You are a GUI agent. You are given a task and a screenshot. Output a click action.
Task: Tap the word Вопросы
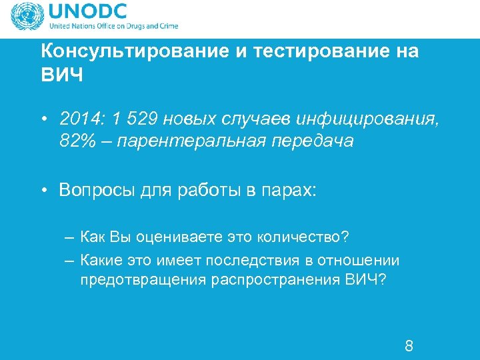pos(96,191)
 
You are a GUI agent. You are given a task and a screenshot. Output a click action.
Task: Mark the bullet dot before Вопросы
pos(43,191)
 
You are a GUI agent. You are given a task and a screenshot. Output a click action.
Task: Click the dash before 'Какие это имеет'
pos(70,259)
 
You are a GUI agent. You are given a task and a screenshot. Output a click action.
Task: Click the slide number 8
pos(409,346)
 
